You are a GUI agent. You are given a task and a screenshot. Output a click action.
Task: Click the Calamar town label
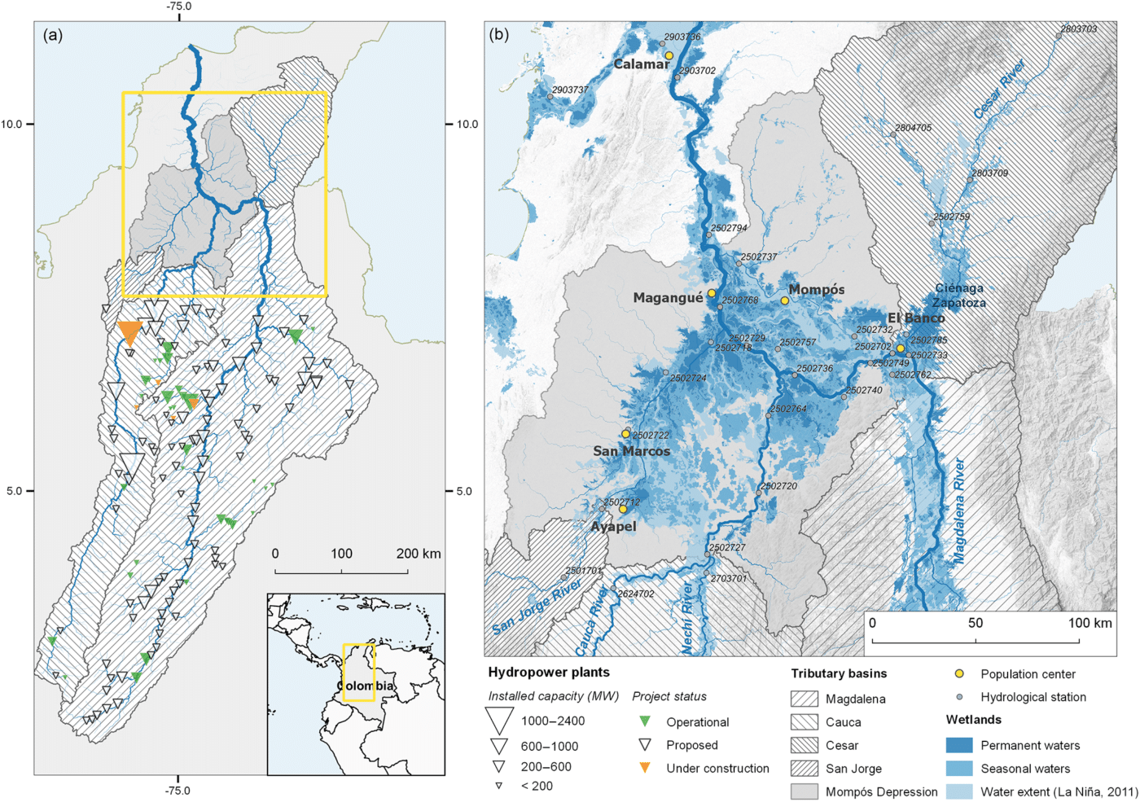click(641, 64)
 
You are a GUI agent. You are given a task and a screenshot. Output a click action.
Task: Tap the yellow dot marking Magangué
click(711, 293)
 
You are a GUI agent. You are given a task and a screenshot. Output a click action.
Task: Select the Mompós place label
click(816, 290)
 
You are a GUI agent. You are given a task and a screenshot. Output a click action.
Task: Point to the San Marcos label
click(631, 451)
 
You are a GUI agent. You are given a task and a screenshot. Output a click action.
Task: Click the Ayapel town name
click(613, 527)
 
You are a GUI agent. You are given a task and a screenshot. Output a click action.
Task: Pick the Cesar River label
click(999, 90)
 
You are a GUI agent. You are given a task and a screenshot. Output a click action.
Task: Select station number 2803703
click(1078, 28)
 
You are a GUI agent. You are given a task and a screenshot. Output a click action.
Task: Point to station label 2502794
click(728, 229)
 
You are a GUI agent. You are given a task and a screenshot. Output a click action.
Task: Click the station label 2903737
click(570, 90)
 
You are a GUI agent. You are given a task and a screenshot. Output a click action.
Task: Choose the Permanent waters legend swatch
click(958, 745)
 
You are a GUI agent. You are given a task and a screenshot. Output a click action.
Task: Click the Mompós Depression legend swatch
click(804, 791)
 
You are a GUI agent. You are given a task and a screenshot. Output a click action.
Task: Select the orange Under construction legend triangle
click(645, 768)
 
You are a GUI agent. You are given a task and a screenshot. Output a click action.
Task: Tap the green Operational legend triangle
click(645, 721)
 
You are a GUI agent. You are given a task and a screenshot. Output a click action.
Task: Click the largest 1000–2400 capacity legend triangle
click(498, 721)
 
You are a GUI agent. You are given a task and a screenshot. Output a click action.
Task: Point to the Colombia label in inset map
click(366, 686)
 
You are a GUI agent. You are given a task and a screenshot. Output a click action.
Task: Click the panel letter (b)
click(498, 35)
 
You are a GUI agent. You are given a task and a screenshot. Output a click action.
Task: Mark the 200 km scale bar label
click(418, 554)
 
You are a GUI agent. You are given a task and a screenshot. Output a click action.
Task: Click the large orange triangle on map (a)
click(129, 332)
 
